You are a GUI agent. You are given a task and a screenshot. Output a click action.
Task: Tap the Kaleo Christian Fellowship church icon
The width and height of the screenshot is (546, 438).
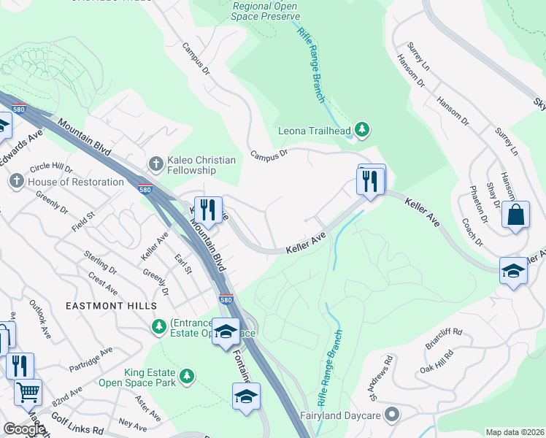pos(154,161)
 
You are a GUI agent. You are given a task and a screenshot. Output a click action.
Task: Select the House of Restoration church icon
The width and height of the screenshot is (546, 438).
pos(17,180)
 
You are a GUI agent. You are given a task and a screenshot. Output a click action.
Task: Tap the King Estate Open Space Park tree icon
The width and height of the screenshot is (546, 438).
pos(188,376)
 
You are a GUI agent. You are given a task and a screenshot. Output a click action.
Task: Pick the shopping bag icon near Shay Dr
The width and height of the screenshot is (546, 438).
pos(515,215)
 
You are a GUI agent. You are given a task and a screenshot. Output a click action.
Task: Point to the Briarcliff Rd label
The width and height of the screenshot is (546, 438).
pos(447,337)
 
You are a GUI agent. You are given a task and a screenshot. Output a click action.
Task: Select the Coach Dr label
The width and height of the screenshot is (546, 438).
pos(472,235)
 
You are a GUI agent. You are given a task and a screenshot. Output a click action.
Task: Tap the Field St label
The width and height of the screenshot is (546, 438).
pos(83,221)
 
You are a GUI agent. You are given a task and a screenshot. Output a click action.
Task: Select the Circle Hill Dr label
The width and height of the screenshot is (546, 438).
pos(50,170)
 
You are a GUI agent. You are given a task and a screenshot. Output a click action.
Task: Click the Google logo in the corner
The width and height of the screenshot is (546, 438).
pos(24,429)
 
